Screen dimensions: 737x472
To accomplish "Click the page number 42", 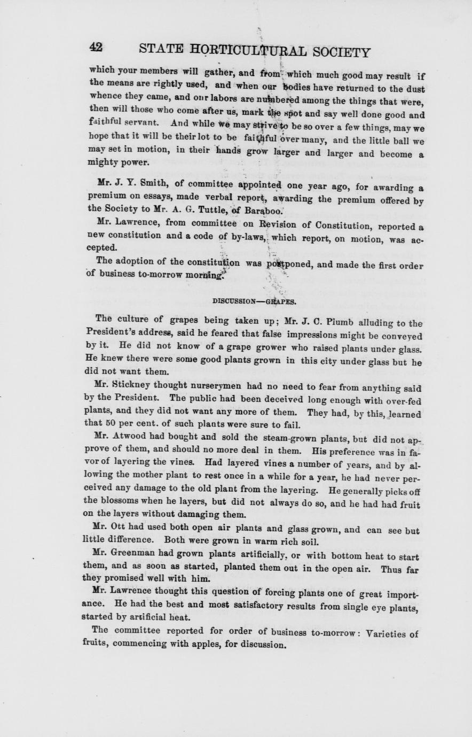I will pyautogui.click(x=96, y=48).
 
